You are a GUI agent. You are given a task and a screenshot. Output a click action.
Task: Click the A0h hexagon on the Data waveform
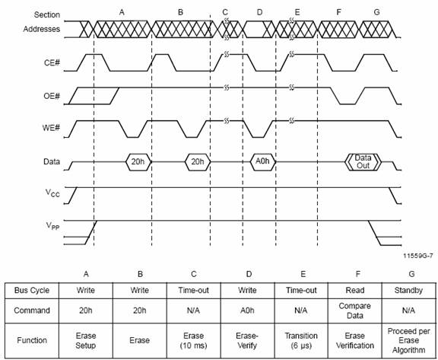pos(262,161)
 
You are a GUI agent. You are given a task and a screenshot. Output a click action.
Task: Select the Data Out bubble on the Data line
pos(363,162)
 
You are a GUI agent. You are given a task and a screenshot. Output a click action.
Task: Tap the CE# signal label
pos(52,62)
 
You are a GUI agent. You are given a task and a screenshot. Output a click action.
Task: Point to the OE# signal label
pos(52,96)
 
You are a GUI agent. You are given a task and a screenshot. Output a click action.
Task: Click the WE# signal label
pos(51,128)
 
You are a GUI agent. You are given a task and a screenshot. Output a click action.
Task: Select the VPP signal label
pos(52,226)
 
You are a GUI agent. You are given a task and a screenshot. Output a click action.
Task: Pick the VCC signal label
pos(52,193)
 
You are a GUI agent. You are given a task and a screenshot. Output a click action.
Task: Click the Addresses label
pos(42,29)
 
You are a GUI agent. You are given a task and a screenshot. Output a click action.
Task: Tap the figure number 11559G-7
pos(418,256)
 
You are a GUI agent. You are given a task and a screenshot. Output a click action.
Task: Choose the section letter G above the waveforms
pos(376,12)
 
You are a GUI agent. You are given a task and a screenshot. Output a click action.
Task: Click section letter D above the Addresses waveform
pos(259,12)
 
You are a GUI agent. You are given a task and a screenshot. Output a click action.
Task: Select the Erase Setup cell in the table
pos(86,340)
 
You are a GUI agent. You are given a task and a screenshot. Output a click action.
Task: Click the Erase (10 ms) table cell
pos(194,340)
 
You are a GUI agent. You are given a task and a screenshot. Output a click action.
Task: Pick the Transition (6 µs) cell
pos(301,340)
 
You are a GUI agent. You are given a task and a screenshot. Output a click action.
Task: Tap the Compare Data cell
pos(355,311)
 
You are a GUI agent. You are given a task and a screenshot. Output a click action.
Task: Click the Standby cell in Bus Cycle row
pos(408,291)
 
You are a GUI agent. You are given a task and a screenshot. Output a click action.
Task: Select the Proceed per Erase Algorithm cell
pos(408,340)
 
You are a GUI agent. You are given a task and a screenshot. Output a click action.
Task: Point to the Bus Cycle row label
pos(32,291)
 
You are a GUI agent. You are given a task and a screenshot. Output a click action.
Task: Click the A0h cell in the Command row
pos(247,311)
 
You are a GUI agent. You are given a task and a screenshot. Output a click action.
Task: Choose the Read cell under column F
pos(355,291)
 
